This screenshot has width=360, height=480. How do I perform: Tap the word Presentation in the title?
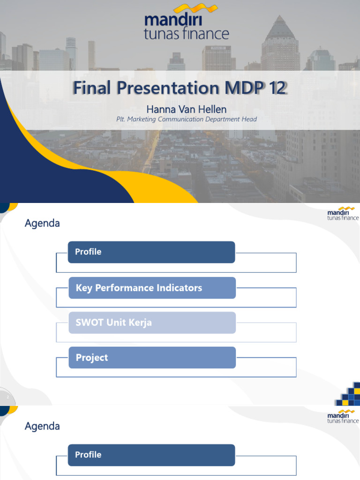(164, 88)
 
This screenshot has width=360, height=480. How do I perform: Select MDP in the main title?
(241, 88)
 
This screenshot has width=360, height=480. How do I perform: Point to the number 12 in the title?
(276, 88)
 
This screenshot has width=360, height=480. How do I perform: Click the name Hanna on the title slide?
(159, 109)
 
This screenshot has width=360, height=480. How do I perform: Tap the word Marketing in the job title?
(143, 119)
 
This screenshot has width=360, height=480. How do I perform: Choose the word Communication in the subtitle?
(186, 119)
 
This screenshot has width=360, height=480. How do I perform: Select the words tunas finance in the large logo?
(187, 34)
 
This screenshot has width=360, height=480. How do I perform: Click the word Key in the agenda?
(84, 288)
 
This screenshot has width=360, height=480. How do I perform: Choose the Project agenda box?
(152, 358)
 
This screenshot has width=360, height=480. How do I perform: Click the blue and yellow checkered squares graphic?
(349, 394)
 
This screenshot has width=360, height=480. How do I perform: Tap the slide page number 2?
(8, 397)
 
